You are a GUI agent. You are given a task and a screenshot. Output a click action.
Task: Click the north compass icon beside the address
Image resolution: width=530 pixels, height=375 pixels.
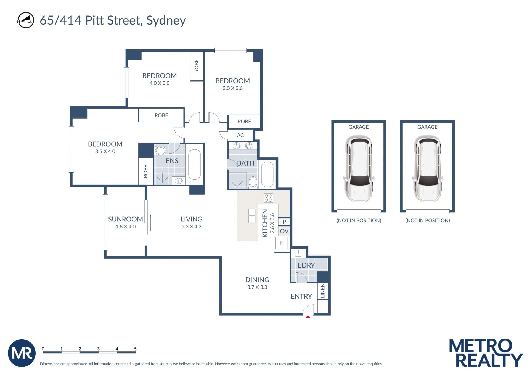tap(26, 20)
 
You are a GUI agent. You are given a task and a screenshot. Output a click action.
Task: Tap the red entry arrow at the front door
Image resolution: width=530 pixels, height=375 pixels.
tap(308, 317)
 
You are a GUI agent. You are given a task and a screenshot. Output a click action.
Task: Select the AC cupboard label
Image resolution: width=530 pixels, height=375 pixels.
tap(240, 135)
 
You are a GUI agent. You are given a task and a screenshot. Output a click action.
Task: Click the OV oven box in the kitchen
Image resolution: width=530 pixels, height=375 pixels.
tap(284, 231)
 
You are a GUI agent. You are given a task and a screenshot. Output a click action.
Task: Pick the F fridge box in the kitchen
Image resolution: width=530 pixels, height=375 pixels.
tap(282, 243)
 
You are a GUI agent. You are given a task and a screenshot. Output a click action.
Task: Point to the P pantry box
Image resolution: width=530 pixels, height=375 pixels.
tap(284, 222)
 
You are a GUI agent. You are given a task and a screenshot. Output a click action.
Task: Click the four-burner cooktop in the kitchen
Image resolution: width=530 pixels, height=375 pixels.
tap(268, 198)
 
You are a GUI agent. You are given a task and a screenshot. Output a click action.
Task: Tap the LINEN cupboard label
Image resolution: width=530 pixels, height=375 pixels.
tap(323, 291)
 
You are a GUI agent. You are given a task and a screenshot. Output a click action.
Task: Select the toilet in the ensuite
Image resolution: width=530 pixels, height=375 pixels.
tap(160, 150)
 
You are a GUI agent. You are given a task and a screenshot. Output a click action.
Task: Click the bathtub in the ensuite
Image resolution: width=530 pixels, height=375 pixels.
tap(195, 165)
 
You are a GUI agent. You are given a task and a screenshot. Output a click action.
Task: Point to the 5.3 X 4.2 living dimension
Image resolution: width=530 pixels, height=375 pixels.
tap(191, 227)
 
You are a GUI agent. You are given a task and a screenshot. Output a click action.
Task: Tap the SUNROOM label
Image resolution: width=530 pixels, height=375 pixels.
tap(125, 219)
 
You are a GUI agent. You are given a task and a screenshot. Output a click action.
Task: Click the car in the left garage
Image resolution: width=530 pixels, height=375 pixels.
tap(359, 168)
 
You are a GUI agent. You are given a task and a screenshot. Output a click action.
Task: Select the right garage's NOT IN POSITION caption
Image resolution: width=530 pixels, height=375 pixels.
tap(427, 220)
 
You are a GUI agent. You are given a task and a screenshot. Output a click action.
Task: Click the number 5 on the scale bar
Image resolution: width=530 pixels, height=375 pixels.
tap(135, 349)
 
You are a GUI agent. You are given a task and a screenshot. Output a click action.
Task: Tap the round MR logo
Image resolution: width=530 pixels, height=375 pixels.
tap(22, 353)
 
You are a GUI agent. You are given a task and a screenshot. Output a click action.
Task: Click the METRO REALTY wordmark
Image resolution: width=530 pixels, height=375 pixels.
tap(486, 353)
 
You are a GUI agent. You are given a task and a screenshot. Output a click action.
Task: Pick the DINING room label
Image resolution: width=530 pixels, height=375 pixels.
tap(257, 280)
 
